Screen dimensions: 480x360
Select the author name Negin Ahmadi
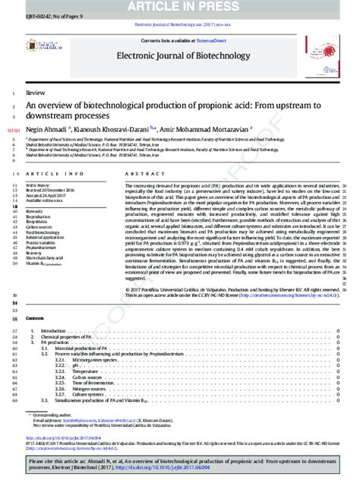pyautogui.click(x=46, y=130)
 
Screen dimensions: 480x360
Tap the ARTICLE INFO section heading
pyautogui.click(x=49, y=174)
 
